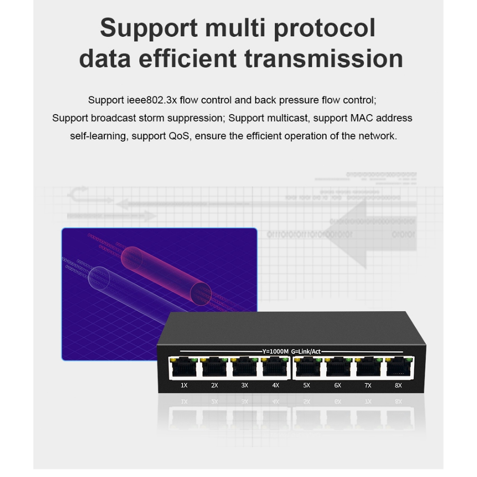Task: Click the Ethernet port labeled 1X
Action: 184,368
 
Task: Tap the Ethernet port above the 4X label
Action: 275,368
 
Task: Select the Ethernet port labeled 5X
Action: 307,368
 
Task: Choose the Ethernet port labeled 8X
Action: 398,368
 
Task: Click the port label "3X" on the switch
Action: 245,386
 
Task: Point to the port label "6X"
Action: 338,386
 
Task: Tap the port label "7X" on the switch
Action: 368,386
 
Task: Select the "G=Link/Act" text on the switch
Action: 306,351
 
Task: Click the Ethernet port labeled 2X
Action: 214,368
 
